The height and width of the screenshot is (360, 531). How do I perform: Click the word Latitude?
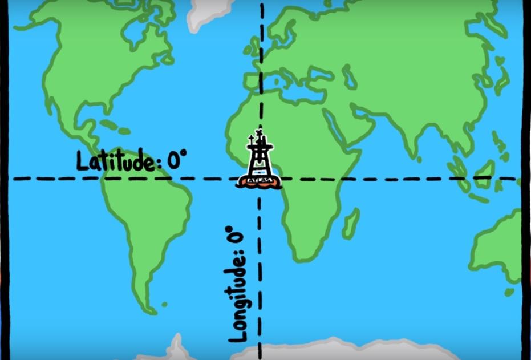(x=115, y=161)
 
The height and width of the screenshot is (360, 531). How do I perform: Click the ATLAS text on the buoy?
(x=260, y=181)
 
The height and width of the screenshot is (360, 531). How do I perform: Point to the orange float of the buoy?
(x=260, y=183)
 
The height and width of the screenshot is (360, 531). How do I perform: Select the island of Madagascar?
(x=351, y=223)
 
